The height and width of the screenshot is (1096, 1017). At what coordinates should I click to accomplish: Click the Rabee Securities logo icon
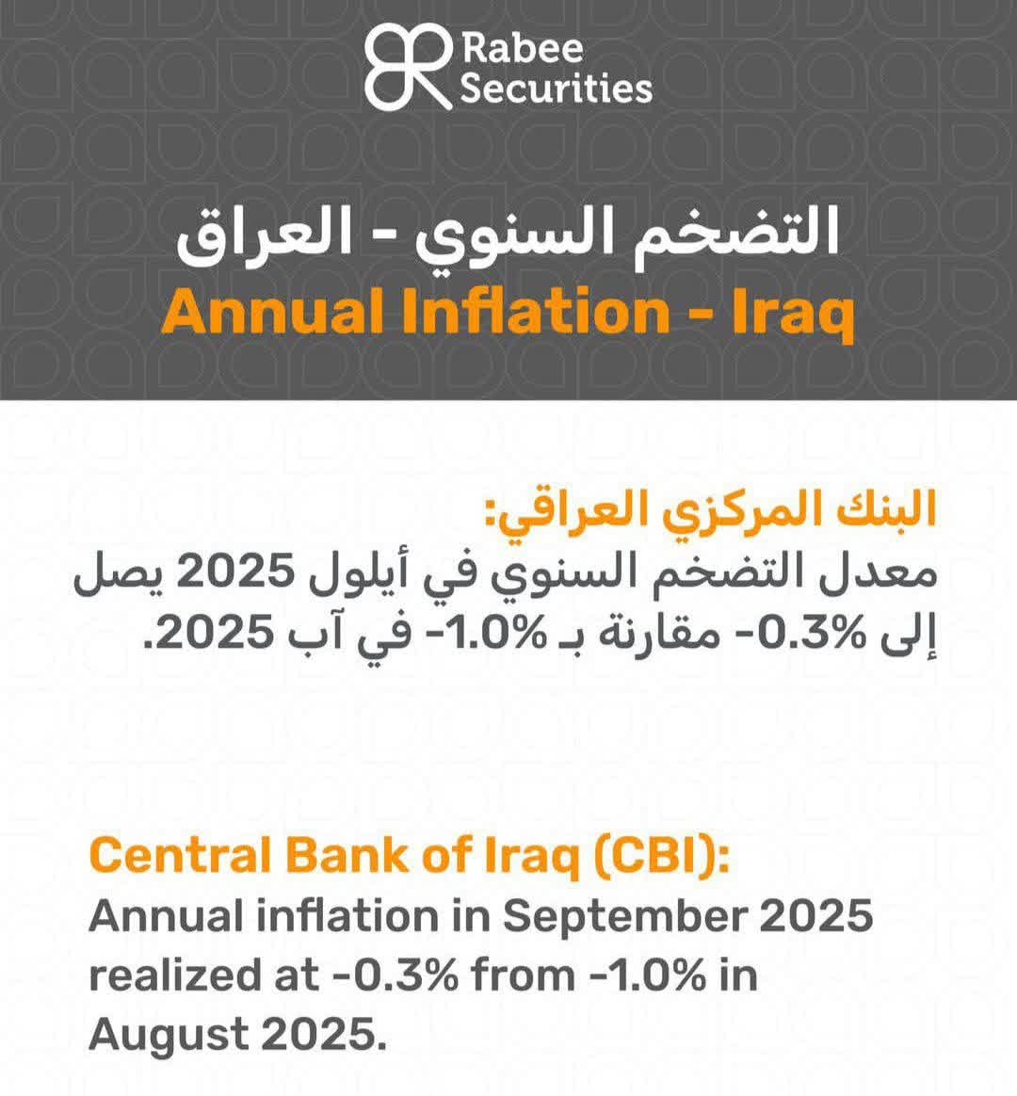click(409, 67)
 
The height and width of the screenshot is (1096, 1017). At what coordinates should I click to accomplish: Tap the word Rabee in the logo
click(522, 48)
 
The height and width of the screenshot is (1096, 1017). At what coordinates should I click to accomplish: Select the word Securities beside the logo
click(557, 89)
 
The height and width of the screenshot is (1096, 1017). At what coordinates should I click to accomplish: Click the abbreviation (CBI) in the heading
click(661, 856)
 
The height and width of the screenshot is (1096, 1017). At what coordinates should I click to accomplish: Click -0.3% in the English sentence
click(395, 975)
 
